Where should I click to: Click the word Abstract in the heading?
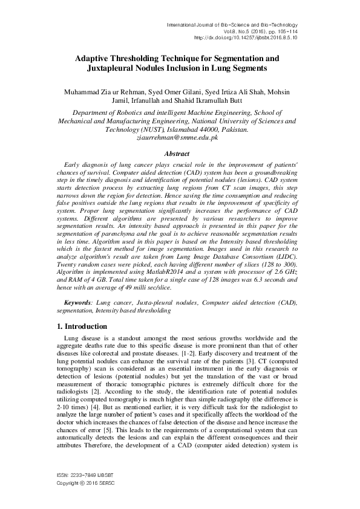179,154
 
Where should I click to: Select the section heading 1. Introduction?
82,326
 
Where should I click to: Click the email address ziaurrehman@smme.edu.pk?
179,138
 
